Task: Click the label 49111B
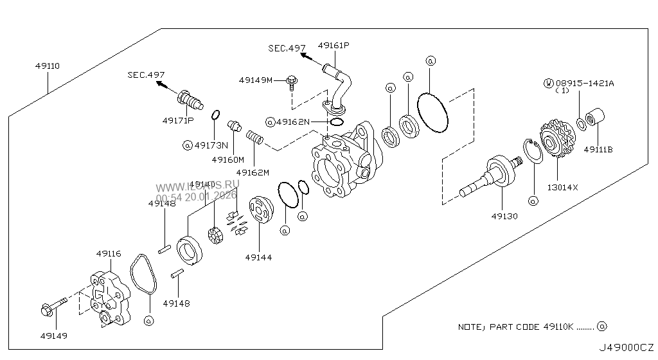tap(598, 149)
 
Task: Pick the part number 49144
tap(258, 257)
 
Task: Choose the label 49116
tap(108, 254)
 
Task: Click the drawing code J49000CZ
tap(626, 348)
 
